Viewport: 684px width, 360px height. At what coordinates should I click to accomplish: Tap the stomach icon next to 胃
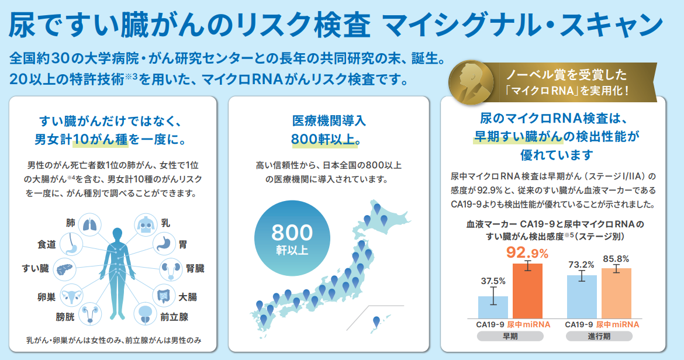click(x=164, y=245)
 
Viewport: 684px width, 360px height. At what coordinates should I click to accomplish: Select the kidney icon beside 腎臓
click(x=171, y=269)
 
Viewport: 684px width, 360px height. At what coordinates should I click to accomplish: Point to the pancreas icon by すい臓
click(x=64, y=269)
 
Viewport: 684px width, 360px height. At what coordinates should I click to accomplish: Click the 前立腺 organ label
click(x=174, y=317)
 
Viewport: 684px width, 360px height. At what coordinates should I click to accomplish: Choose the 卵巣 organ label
click(x=47, y=297)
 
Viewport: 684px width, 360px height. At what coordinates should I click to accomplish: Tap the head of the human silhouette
click(x=118, y=234)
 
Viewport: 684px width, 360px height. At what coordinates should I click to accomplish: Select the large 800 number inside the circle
click(x=292, y=233)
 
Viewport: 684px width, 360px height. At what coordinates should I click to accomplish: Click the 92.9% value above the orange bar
click(x=527, y=253)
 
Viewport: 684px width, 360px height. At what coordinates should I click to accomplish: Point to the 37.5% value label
click(x=493, y=281)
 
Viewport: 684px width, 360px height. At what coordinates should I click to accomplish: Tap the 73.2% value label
click(x=582, y=265)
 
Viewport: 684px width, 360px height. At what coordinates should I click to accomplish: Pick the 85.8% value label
click(x=616, y=259)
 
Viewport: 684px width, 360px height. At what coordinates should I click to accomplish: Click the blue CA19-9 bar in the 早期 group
click(x=493, y=307)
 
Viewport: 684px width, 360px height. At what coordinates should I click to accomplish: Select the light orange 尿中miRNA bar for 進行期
click(x=616, y=293)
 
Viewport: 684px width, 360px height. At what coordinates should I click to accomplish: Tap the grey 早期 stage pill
click(x=510, y=336)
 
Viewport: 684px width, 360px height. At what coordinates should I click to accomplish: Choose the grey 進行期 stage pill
click(x=599, y=336)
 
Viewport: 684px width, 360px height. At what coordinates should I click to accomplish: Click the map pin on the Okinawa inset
click(x=376, y=322)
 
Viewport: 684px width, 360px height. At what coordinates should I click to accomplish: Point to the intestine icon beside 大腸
click(x=164, y=296)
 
